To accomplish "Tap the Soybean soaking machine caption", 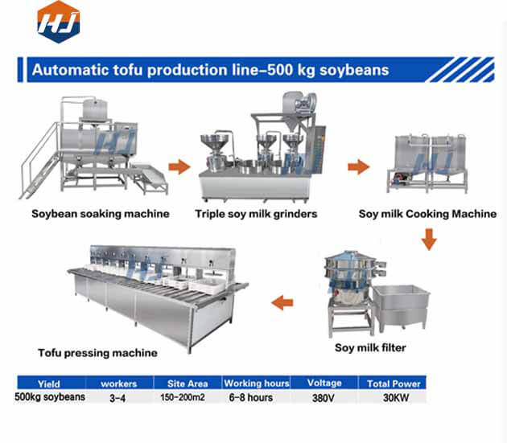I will click(101, 214).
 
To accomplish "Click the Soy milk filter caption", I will click(370, 348).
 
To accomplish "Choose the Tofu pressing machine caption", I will click(97, 352).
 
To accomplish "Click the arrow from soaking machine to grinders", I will click(179, 167).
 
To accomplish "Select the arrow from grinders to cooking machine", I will click(357, 167).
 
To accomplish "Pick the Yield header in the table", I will click(49, 384).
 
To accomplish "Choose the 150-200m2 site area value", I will click(184, 397).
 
